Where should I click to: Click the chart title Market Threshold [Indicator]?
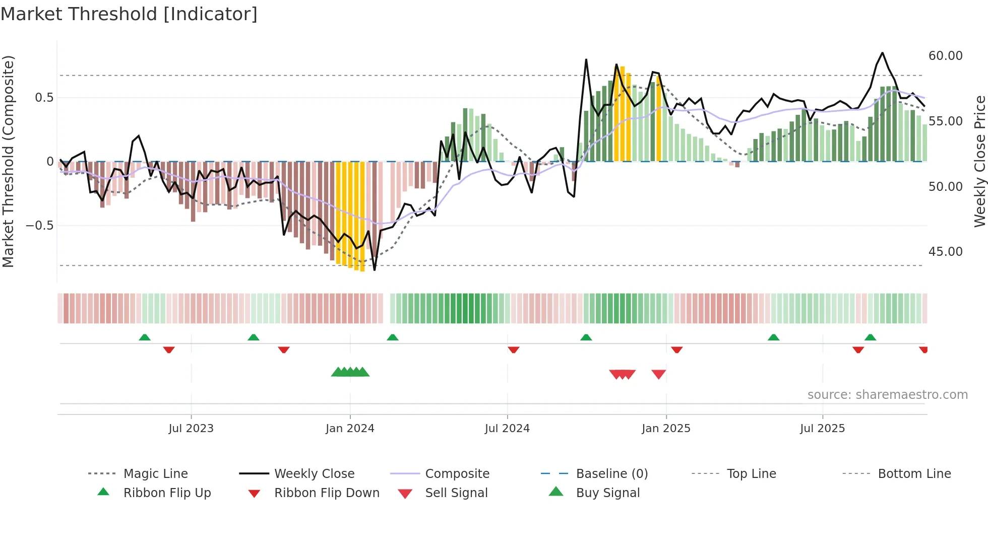tap(129, 14)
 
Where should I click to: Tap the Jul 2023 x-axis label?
tap(191, 429)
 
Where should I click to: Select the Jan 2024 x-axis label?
tap(350, 429)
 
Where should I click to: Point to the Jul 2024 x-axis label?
tap(507, 429)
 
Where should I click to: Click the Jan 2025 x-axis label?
tap(666, 429)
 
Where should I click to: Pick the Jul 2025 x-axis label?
tap(822, 429)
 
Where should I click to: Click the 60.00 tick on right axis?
tap(945, 56)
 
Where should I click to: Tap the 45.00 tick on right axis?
tap(945, 252)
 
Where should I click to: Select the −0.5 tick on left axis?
tap(39, 226)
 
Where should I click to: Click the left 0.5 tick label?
tap(44, 98)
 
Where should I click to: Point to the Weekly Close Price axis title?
tap(979, 161)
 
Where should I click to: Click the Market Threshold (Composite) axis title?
tap(8, 161)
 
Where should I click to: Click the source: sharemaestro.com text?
tap(887, 395)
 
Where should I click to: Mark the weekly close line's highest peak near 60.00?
tap(882, 53)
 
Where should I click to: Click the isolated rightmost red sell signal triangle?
tap(658, 374)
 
